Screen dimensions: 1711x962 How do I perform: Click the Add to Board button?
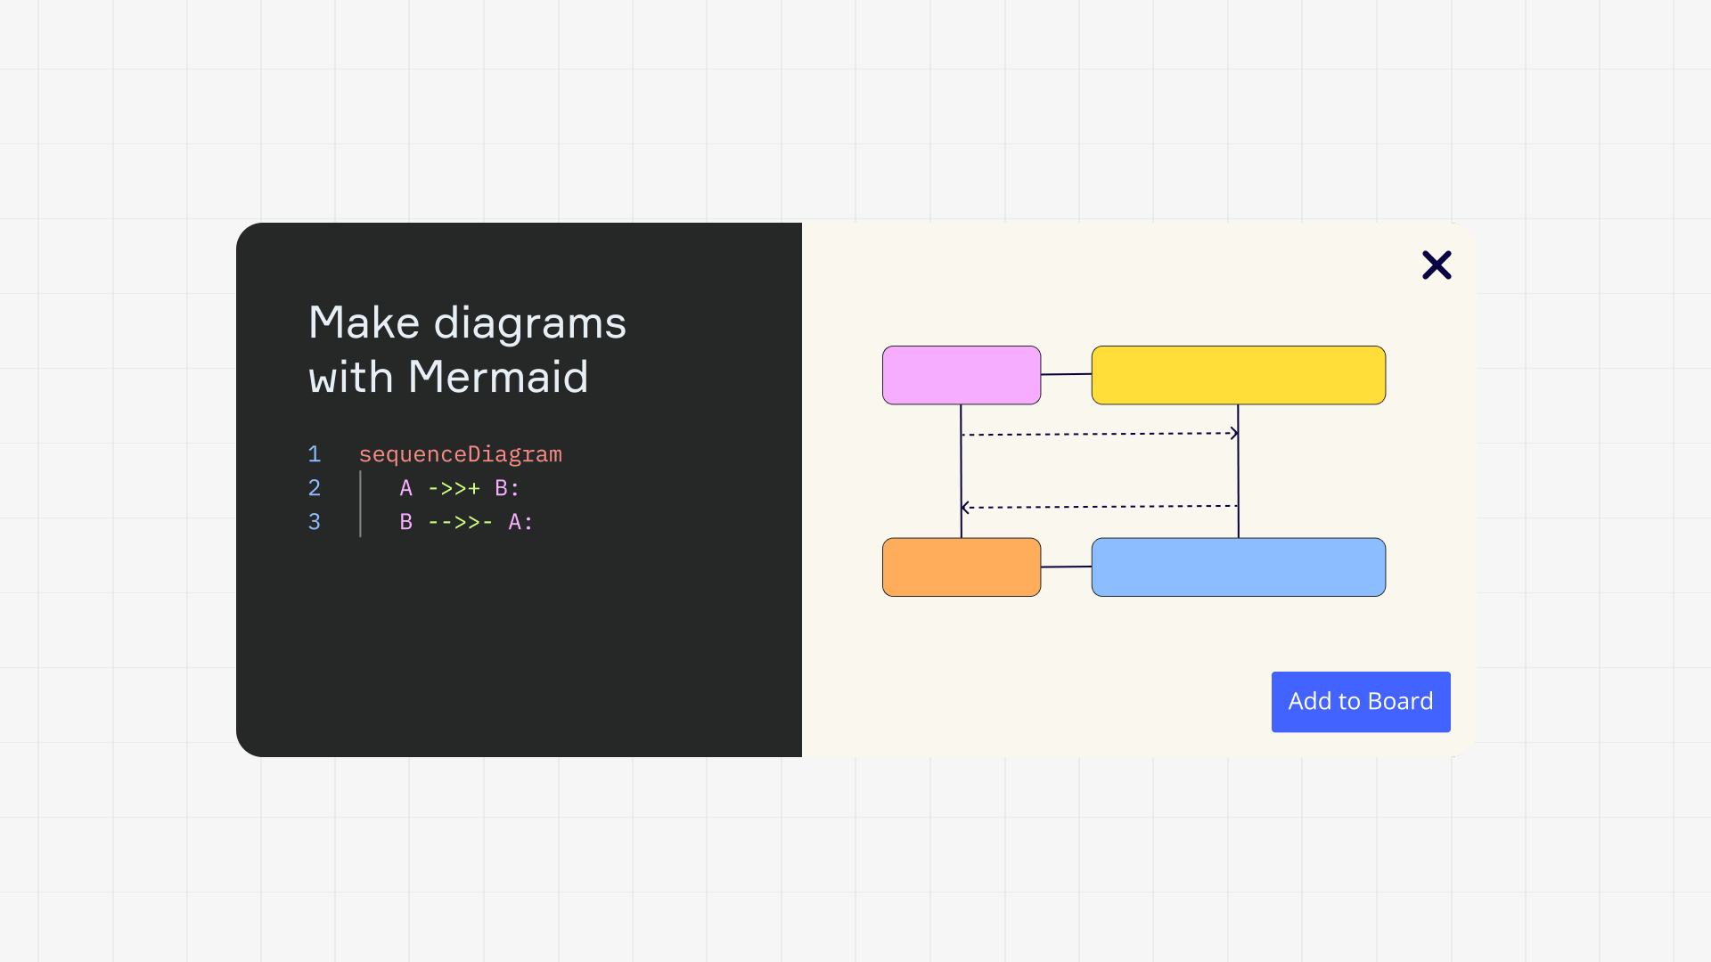pyautogui.click(x=1361, y=702)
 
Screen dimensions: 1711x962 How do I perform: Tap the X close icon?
pyautogui.click(x=1437, y=265)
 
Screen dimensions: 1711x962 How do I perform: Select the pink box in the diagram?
pyautogui.click(x=962, y=375)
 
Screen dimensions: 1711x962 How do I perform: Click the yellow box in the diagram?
pyautogui.click(x=1239, y=375)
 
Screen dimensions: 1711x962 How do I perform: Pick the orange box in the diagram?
pyautogui.click(x=962, y=567)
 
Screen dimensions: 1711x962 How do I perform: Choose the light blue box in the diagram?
pyautogui.click(x=1239, y=567)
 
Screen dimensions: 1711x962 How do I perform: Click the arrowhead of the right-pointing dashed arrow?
pyautogui.click(x=1235, y=434)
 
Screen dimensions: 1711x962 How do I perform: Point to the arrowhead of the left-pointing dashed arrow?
pyautogui.click(x=964, y=508)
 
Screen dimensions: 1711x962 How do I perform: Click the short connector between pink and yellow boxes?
pyautogui.click(x=1067, y=374)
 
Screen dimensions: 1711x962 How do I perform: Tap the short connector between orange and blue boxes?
pyautogui.click(x=1067, y=567)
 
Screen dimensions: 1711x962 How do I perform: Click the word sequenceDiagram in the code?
pyautogui.click(x=460, y=455)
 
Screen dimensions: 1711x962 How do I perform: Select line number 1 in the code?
pyautogui.click(x=315, y=454)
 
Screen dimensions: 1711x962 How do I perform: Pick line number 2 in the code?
pyautogui.click(x=315, y=488)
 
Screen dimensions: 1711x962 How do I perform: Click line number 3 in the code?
pyautogui.click(x=315, y=522)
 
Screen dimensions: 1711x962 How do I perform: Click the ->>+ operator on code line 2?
pyautogui.click(x=454, y=488)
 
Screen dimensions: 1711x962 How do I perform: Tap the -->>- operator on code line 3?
pyautogui.click(x=460, y=522)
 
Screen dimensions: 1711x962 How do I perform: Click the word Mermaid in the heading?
pyautogui.click(x=498, y=377)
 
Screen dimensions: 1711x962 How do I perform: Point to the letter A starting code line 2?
pyautogui.click(x=406, y=488)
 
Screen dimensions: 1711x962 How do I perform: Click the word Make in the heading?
pyautogui.click(x=364, y=322)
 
